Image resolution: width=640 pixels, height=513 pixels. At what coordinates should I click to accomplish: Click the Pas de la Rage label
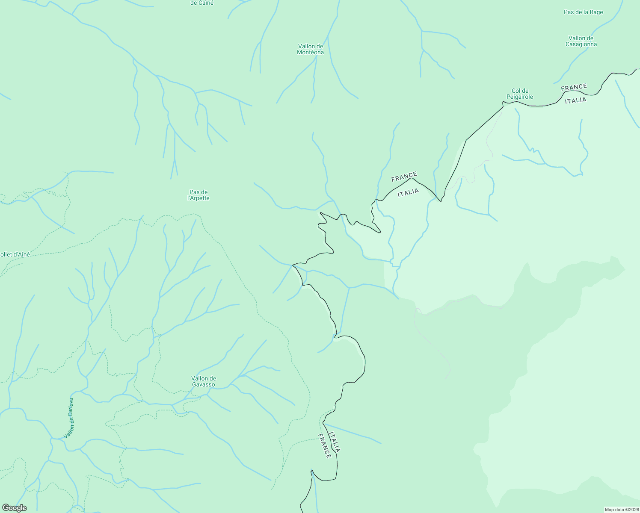pyautogui.click(x=583, y=12)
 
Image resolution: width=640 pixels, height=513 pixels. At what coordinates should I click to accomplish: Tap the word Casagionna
pyautogui.click(x=581, y=44)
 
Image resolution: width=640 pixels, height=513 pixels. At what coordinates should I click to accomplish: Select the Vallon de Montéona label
pyautogui.click(x=310, y=49)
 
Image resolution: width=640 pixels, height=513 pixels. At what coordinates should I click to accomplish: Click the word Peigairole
pyautogui.click(x=520, y=97)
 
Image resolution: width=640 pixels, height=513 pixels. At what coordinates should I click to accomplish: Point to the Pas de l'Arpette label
pyautogui.click(x=199, y=195)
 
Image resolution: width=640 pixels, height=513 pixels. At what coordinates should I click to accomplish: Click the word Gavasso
pyautogui.click(x=203, y=385)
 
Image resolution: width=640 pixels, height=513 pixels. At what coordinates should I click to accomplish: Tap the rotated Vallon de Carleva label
pyautogui.click(x=69, y=418)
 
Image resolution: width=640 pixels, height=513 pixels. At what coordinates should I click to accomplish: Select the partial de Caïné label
pyautogui.click(x=202, y=3)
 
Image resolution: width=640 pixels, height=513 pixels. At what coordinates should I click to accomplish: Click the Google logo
pyautogui.click(x=14, y=508)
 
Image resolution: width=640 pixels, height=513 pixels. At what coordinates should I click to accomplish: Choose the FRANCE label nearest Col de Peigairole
pyautogui.click(x=574, y=88)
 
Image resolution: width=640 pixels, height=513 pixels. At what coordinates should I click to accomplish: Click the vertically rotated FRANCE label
pyautogui.click(x=325, y=446)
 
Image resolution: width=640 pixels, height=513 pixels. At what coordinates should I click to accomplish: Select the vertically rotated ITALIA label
pyautogui.click(x=335, y=442)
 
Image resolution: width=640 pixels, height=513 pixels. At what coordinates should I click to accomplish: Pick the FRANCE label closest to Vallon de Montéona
pyautogui.click(x=404, y=177)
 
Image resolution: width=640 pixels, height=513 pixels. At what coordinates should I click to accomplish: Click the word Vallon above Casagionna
pyautogui.click(x=581, y=38)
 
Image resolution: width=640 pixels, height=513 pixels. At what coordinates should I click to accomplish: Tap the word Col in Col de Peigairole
pyautogui.click(x=520, y=91)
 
